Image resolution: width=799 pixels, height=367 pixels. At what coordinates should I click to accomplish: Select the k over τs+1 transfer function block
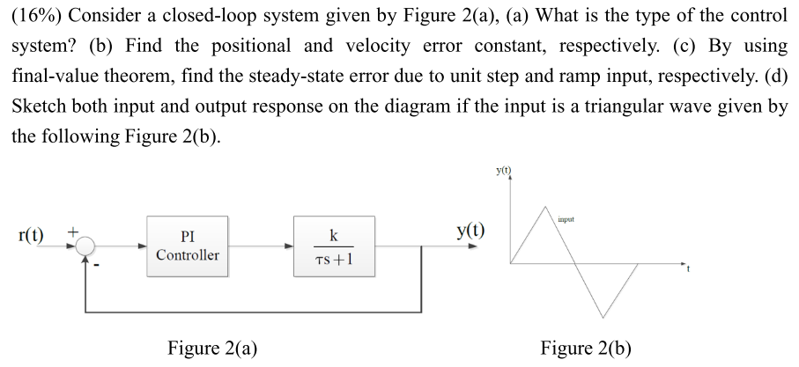tap(332, 246)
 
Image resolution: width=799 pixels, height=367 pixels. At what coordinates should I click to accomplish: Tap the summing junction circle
tap(85, 247)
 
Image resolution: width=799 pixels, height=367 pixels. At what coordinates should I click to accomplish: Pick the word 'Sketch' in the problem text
tap(42, 107)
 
